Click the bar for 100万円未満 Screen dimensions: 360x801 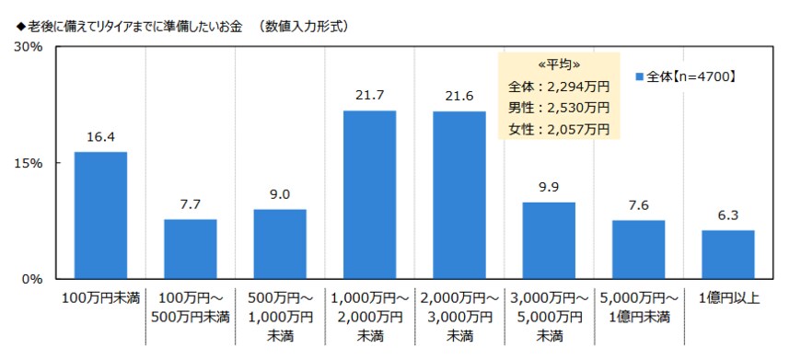tap(100, 215)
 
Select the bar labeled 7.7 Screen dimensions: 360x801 tap(190, 249)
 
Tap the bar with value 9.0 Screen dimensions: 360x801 tap(280, 244)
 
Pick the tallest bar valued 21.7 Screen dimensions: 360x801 tap(369, 194)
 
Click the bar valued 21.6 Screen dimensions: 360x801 tap(459, 194)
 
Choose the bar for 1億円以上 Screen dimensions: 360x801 tap(728, 254)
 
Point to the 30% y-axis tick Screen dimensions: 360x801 tap(29, 47)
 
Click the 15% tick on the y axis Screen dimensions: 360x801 tap(29, 163)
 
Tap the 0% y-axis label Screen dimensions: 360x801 tap(33, 278)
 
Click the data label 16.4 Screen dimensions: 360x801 tap(100, 136)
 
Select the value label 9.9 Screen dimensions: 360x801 tap(549, 187)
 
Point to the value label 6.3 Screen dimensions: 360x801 tap(728, 215)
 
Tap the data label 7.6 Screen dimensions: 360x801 tap(638, 204)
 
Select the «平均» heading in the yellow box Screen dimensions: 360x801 tap(559, 65)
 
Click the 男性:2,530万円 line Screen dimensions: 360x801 tap(559, 107)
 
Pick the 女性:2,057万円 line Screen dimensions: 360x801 tap(559, 128)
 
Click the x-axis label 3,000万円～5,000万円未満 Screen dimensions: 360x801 tap(549, 317)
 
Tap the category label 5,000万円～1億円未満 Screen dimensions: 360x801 tap(638, 308)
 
